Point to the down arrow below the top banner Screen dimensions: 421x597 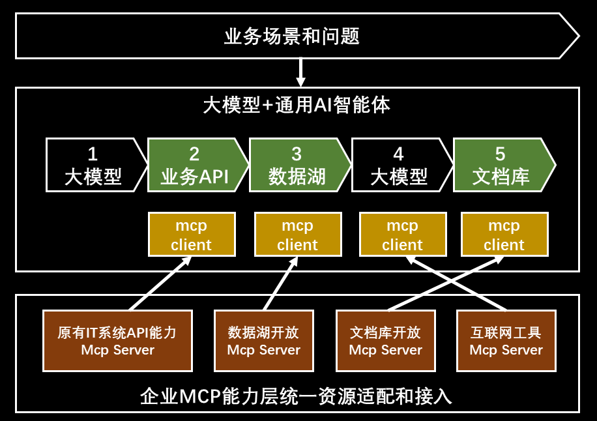300,72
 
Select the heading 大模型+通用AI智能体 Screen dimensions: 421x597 297,105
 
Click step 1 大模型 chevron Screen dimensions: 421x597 93,165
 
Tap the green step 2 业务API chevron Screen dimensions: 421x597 195,165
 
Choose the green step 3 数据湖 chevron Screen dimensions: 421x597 297,165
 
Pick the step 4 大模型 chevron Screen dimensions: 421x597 399,165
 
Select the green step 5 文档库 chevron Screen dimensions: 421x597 501,165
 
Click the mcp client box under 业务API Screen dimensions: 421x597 191,235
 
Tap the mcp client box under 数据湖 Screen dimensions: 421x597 297,235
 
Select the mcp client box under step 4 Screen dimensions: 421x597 402,235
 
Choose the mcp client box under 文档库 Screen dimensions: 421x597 504,235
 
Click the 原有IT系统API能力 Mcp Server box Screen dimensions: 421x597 117,341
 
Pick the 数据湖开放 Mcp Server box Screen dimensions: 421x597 263,341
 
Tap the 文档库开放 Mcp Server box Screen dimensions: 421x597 385,341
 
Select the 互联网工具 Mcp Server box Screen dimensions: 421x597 506,341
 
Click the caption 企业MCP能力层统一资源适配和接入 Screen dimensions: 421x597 296,396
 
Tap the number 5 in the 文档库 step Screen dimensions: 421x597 500,154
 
